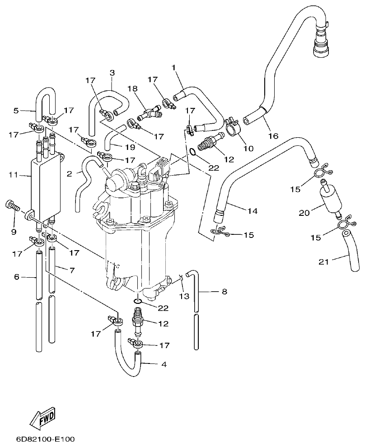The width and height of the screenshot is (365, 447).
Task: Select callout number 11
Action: [x=14, y=174]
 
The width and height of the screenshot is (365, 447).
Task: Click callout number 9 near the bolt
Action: [x=14, y=232]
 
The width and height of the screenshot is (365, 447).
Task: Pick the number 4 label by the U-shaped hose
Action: [x=164, y=364]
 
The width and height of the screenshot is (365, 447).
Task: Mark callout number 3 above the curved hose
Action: [x=112, y=72]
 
